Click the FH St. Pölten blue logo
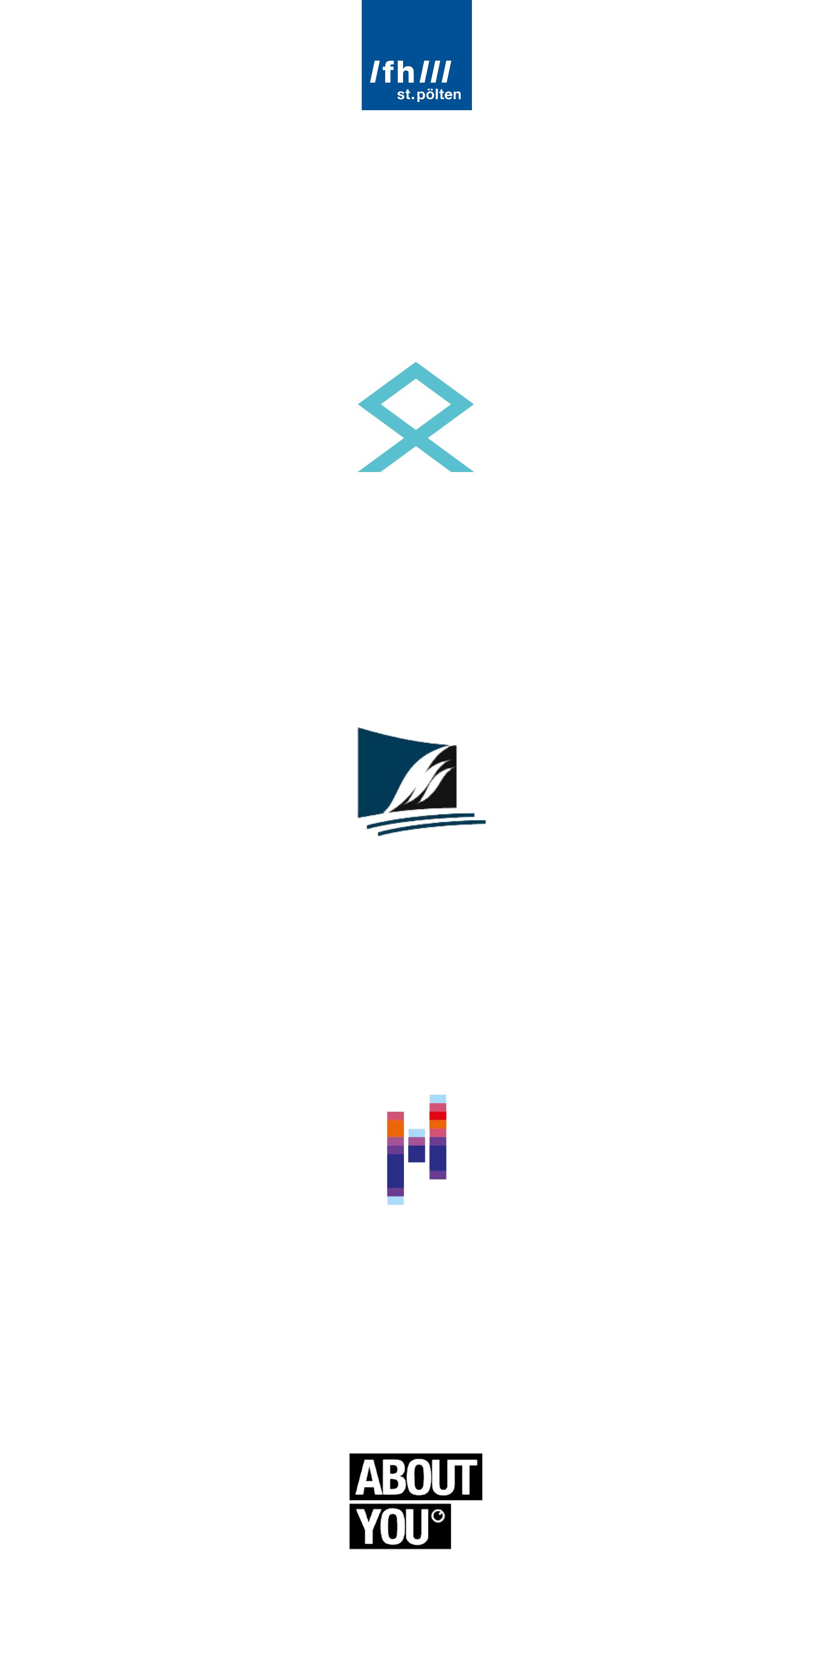pyautogui.click(x=417, y=56)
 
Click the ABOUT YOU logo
pyautogui.click(x=415, y=1502)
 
